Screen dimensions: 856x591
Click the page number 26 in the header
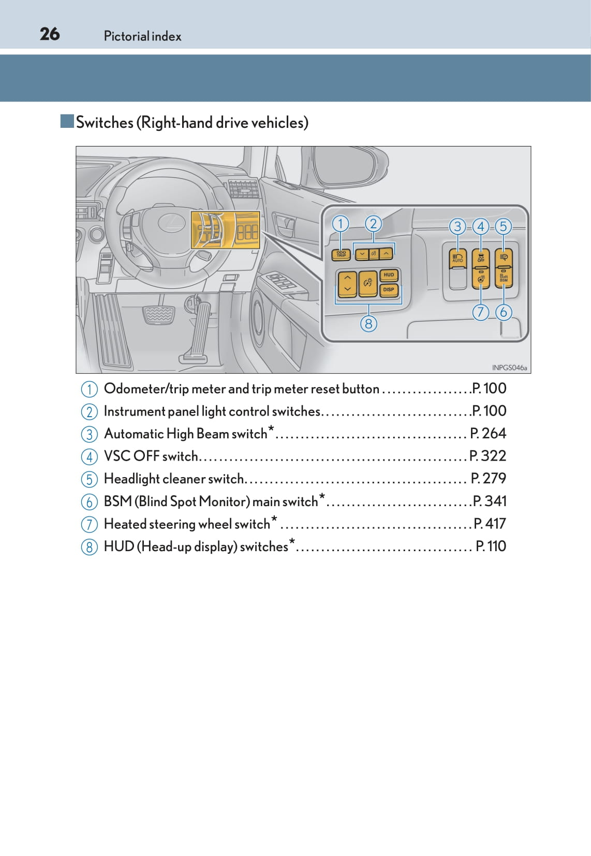click(50, 34)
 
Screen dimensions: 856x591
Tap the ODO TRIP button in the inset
click(341, 254)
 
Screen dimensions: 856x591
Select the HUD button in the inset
click(389, 275)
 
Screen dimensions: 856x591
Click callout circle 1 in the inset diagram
click(341, 224)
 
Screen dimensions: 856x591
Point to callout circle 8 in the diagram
click(368, 324)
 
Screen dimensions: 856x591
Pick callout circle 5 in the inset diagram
click(503, 226)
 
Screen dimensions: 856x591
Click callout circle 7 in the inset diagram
click(481, 312)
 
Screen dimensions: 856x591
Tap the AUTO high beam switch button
click(457, 258)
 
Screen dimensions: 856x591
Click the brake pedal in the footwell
click(158, 315)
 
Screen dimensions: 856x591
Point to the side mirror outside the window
click(347, 166)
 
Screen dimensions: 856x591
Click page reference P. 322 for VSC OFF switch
click(487, 456)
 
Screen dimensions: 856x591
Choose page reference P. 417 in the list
click(490, 524)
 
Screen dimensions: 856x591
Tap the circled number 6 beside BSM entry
click(89, 502)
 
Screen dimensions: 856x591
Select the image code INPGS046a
click(509, 367)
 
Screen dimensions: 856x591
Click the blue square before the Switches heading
click(67, 122)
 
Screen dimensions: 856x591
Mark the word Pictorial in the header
click(126, 36)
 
